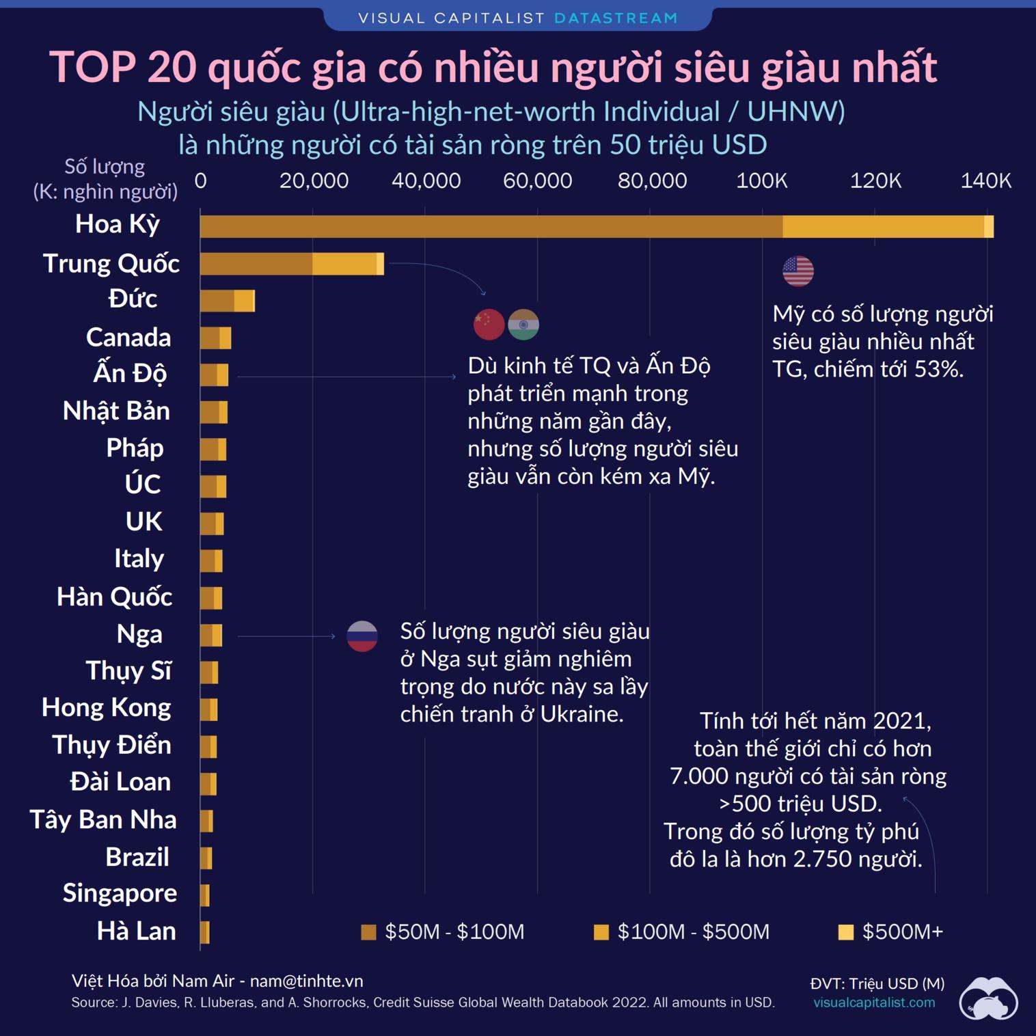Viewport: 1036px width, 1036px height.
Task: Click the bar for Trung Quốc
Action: point(292,264)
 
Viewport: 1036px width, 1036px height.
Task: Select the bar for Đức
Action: point(227,301)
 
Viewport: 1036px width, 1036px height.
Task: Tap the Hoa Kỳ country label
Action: point(118,224)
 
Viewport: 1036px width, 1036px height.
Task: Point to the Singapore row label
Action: point(120,893)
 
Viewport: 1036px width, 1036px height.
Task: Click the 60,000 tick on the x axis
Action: point(537,181)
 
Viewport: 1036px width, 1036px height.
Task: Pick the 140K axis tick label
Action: point(985,181)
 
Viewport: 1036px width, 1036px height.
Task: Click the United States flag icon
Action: point(798,271)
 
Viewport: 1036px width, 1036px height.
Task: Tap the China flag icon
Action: point(489,325)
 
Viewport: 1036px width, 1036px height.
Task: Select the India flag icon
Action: point(523,325)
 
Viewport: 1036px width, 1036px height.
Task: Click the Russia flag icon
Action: point(362,636)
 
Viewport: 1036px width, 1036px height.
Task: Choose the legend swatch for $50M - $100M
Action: point(368,932)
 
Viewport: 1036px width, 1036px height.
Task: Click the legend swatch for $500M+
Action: point(846,932)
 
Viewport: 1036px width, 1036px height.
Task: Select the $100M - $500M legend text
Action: point(693,932)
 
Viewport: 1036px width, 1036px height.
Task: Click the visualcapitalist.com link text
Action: point(874,1003)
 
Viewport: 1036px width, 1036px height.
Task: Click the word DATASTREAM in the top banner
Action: point(616,18)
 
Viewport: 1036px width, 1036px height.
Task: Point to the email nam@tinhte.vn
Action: point(306,981)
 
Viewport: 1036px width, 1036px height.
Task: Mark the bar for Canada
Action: point(215,338)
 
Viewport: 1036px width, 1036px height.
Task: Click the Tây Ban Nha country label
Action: point(103,819)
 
